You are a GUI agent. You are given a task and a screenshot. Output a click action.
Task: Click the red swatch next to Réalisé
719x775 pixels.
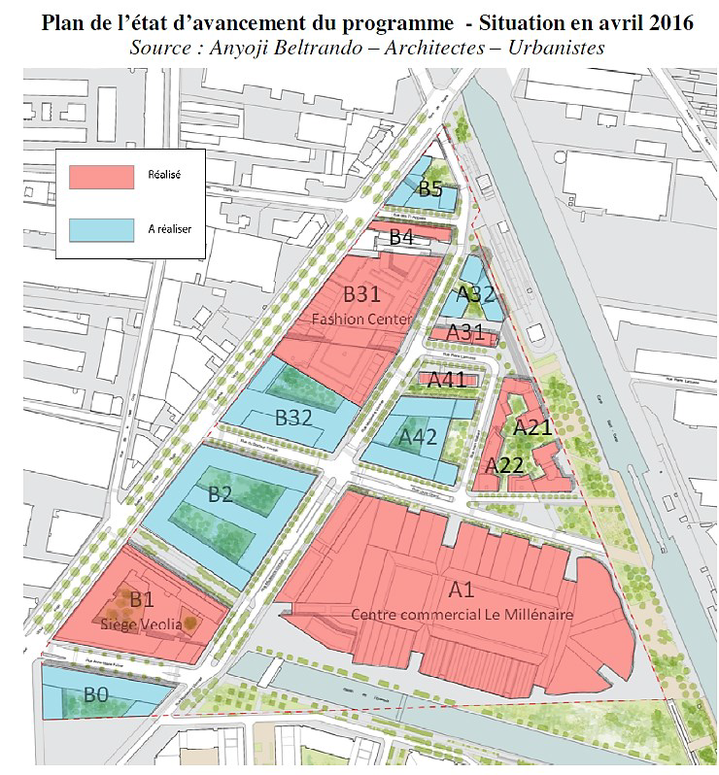pyautogui.click(x=100, y=176)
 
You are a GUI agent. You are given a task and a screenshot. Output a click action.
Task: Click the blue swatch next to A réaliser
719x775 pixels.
pyautogui.click(x=100, y=228)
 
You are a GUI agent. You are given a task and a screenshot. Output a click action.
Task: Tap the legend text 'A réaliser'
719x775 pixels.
pyautogui.click(x=168, y=228)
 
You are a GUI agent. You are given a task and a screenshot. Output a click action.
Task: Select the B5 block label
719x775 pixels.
pyautogui.click(x=431, y=188)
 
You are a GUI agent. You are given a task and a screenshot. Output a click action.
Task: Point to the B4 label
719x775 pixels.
pyautogui.click(x=401, y=237)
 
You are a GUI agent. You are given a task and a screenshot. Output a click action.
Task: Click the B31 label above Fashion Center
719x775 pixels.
pyautogui.click(x=361, y=293)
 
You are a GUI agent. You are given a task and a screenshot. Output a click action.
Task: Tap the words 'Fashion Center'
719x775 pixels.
pyautogui.click(x=362, y=319)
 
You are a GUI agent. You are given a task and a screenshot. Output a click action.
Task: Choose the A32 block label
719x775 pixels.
pyautogui.click(x=476, y=295)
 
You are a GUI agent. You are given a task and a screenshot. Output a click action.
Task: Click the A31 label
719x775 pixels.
pyautogui.click(x=464, y=332)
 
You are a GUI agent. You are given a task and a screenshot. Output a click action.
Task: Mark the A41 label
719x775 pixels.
pyautogui.click(x=447, y=380)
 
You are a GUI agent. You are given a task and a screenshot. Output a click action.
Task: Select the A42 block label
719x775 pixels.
pyautogui.click(x=419, y=438)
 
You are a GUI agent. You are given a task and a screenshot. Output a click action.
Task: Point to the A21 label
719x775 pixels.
pyautogui.click(x=532, y=427)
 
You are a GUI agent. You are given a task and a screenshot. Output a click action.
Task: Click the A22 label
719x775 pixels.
pyautogui.click(x=505, y=465)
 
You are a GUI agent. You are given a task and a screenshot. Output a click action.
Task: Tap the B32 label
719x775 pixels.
pyautogui.click(x=292, y=419)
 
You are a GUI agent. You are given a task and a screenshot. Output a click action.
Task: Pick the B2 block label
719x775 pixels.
pyautogui.click(x=221, y=493)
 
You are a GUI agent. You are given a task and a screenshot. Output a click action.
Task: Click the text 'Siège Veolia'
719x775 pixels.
pyautogui.click(x=141, y=624)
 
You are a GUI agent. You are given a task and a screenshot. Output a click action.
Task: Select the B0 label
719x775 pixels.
pyautogui.click(x=95, y=694)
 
